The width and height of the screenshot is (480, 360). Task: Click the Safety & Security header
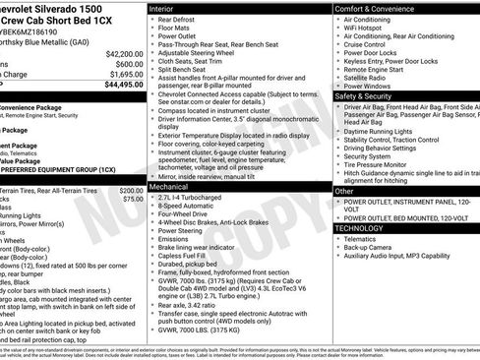coord(367,96)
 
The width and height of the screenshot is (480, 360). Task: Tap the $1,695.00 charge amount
coord(126,74)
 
